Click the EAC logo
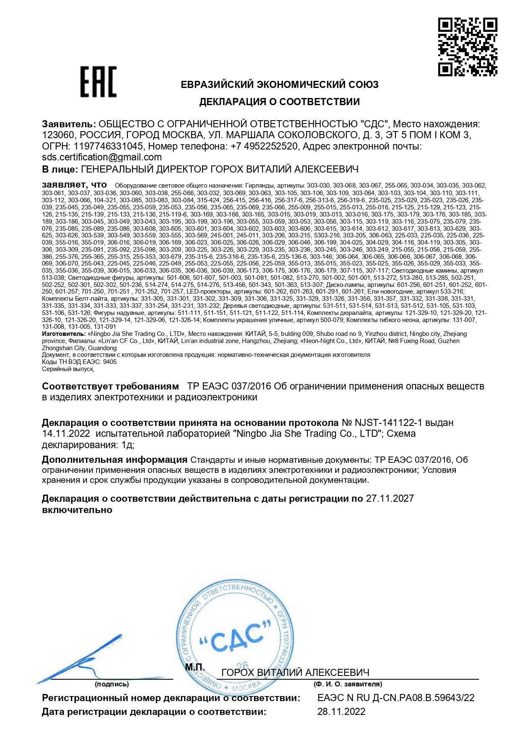pos(99,82)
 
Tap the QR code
pos(468,46)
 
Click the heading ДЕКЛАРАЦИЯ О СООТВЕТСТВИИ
pos(279,102)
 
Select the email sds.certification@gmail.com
pos(102,157)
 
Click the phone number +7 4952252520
pos(264,147)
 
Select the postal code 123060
pos(58,135)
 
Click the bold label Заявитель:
pos(69,124)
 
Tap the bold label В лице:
pos(60,169)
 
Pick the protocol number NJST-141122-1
pos(398,423)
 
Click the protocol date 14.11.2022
pos(66,433)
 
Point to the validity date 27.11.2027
pos(390,498)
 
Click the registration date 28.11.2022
pos(341,712)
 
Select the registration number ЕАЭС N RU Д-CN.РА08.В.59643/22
pos(396,698)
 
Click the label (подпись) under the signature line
pos(112,684)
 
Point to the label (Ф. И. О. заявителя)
pos(348,684)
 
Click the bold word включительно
pos(77,510)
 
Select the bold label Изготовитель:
pos(64,334)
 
